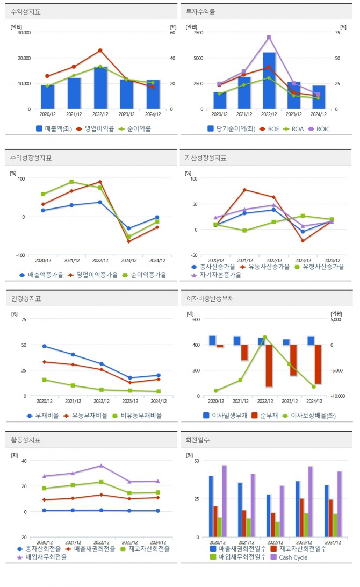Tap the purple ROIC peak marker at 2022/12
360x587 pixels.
269,37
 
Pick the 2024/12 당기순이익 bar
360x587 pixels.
319,97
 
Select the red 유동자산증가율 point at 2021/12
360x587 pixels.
244,190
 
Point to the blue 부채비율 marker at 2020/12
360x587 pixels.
44,346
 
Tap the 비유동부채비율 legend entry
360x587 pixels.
136,415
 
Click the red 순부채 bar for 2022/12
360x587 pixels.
269,366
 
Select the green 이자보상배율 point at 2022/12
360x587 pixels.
264,337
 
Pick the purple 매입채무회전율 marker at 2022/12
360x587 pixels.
100,466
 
